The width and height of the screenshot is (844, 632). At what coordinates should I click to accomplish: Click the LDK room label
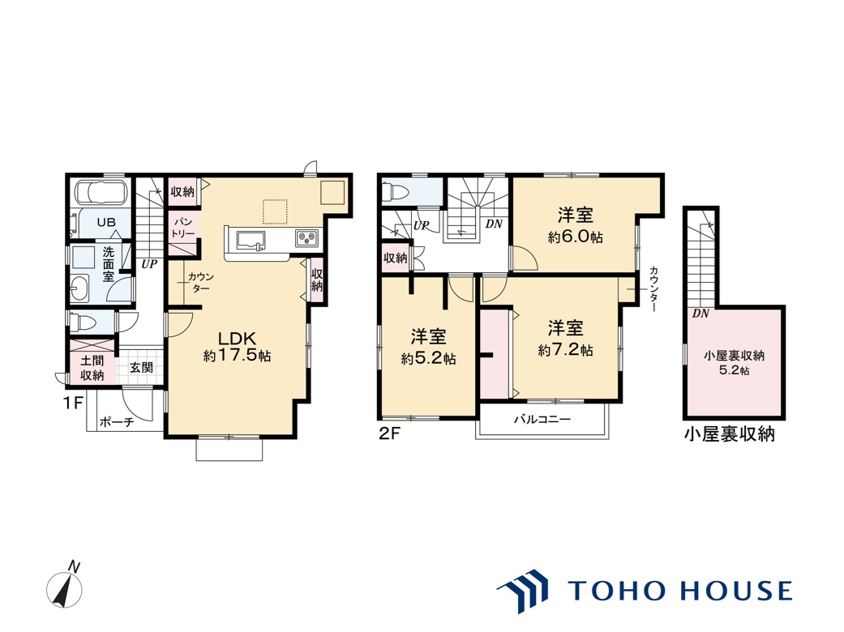pyautogui.click(x=236, y=339)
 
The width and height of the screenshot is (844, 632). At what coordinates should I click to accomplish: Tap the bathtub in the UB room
pyautogui.click(x=101, y=192)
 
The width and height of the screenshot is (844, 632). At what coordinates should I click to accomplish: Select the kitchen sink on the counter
pyautogui.click(x=251, y=240)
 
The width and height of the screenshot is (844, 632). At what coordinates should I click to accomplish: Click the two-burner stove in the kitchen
pyautogui.click(x=306, y=237)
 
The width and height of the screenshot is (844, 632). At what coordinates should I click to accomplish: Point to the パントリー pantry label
pyautogui.click(x=182, y=228)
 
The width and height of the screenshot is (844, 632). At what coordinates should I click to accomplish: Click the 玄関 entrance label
pyautogui.click(x=141, y=367)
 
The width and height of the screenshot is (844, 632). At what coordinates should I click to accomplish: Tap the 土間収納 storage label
pyautogui.click(x=92, y=368)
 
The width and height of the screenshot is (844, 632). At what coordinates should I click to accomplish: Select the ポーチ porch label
pyautogui.click(x=117, y=423)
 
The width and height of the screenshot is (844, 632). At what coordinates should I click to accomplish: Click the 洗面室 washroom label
pyautogui.click(x=109, y=263)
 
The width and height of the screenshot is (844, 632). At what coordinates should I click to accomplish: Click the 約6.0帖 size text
pyautogui.click(x=575, y=237)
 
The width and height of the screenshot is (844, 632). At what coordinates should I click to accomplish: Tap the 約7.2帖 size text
pyautogui.click(x=565, y=350)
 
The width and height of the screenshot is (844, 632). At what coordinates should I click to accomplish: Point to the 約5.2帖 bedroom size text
pyautogui.click(x=428, y=359)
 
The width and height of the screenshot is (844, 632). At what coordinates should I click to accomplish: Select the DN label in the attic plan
pyautogui.click(x=700, y=314)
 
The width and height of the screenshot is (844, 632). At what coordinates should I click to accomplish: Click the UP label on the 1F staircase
pyautogui.click(x=149, y=264)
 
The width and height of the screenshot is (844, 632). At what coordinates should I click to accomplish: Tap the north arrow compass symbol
pyautogui.click(x=66, y=585)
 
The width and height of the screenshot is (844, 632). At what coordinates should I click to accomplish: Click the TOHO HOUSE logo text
pyautogui.click(x=680, y=590)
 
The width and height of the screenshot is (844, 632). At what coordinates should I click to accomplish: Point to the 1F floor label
pyautogui.click(x=73, y=403)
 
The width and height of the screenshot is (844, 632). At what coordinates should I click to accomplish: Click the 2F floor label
pyautogui.click(x=390, y=433)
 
